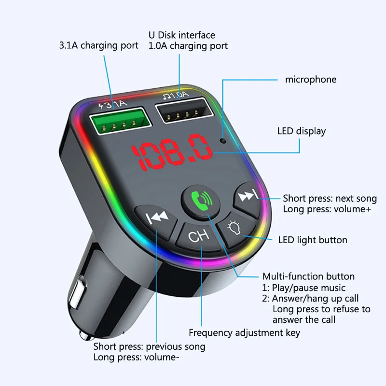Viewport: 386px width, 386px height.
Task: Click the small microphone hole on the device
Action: [222, 141]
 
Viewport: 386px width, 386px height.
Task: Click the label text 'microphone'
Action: [311, 80]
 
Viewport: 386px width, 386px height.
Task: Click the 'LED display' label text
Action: [302, 131]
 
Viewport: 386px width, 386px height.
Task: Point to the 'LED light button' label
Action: [313, 240]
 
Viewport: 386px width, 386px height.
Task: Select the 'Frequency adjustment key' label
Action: [244, 332]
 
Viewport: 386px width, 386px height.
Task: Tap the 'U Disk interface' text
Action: [181, 35]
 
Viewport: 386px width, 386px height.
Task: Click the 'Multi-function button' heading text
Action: [308, 276]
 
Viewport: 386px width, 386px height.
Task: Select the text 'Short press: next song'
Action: [330, 198]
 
